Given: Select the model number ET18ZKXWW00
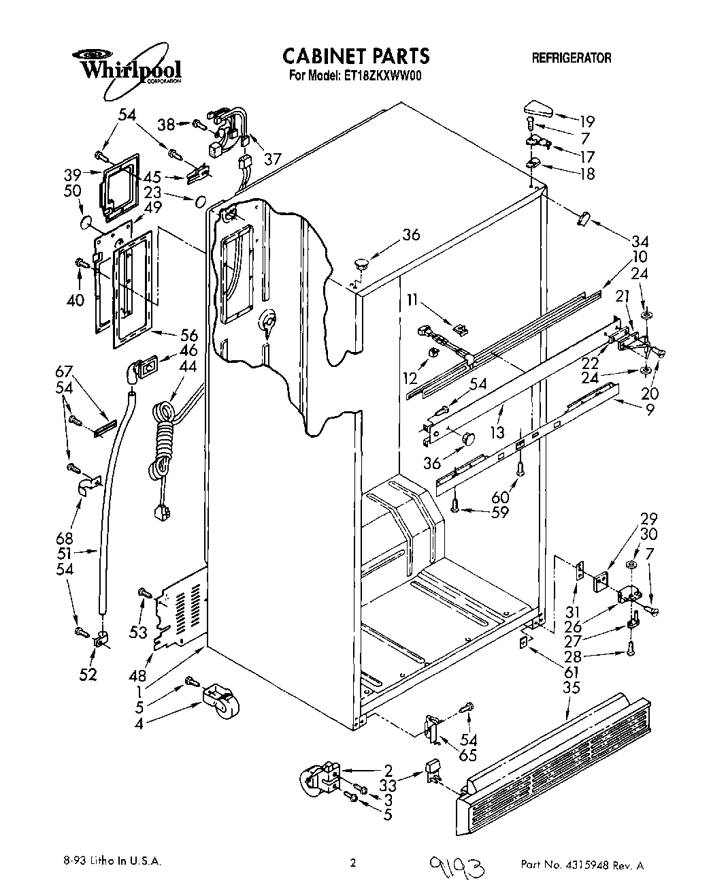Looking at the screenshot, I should (378, 76).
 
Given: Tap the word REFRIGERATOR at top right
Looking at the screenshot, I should (571, 58).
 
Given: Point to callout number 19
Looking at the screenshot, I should (586, 122).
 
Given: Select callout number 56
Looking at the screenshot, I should (188, 335).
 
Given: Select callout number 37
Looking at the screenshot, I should (272, 159).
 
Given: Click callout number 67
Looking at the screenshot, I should (64, 371).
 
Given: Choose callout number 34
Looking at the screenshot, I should (640, 241).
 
